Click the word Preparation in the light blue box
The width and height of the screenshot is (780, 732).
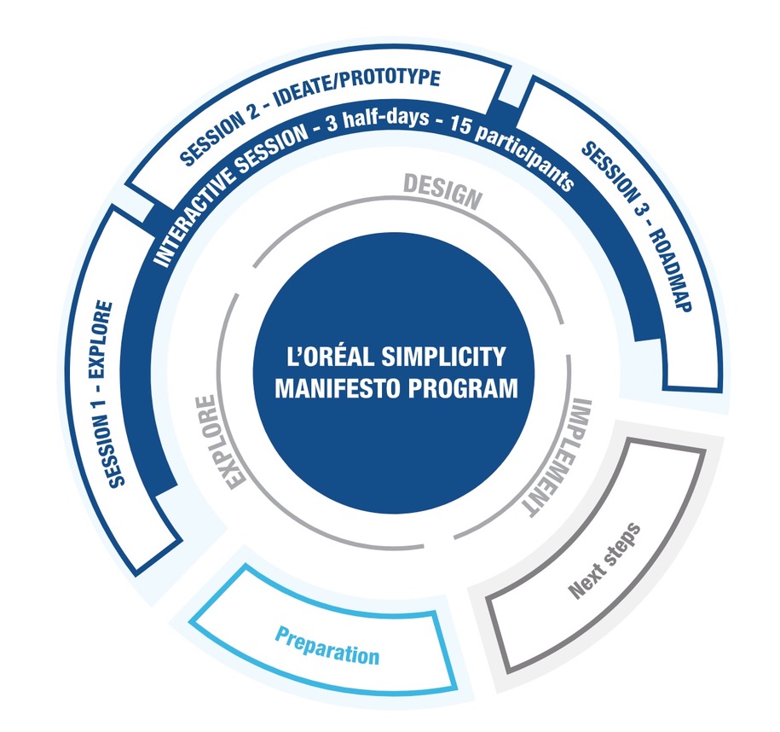pos(326,646)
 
